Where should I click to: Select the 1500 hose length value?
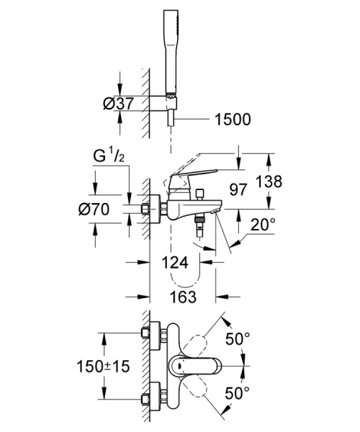[232, 120]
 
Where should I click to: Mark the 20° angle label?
[261, 225]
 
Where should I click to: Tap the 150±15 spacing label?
[103, 366]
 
